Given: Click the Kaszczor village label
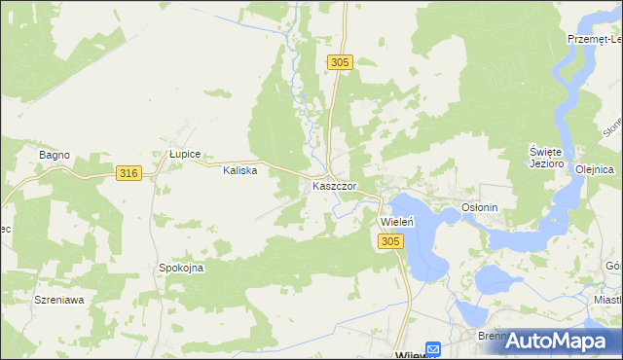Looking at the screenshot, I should [x=334, y=186].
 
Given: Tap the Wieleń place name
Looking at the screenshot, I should [x=397, y=221].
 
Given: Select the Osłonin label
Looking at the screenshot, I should [x=479, y=207].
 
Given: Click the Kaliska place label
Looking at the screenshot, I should [x=239, y=170].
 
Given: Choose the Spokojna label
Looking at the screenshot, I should [x=181, y=268].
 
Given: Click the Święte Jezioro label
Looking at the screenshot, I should [x=546, y=158].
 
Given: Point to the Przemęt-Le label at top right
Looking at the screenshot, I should [x=595, y=39].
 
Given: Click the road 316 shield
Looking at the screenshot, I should [x=128, y=173].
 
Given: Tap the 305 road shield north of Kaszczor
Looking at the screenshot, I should [x=338, y=62].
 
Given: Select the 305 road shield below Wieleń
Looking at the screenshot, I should [x=390, y=241].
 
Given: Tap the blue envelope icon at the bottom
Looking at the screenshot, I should [x=434, y=348].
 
